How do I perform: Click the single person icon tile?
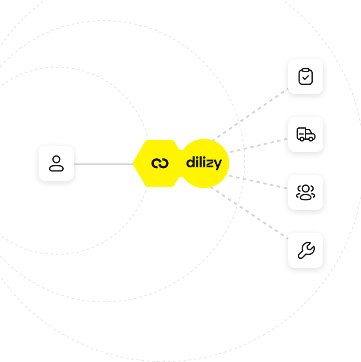[56, 163]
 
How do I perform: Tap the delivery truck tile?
[306, 134]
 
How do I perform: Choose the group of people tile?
[306, 192]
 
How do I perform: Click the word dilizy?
[204, 163]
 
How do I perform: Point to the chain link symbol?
[160, 163]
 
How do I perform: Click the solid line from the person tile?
[103, 164]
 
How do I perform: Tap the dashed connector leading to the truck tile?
[259, 145]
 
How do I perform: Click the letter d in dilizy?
[190, 163]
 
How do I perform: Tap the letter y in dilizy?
[218, 164]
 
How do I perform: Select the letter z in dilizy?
[210, 163]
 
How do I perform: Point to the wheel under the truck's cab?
[311, 138]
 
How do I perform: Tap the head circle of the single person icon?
[56, 159]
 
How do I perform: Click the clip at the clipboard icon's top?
[306, 69]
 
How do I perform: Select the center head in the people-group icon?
[306, 189]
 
